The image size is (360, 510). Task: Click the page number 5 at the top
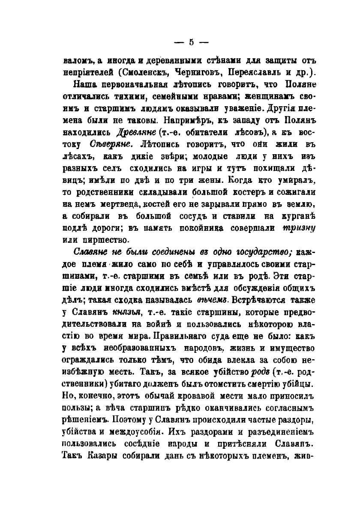tap(191, 42)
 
